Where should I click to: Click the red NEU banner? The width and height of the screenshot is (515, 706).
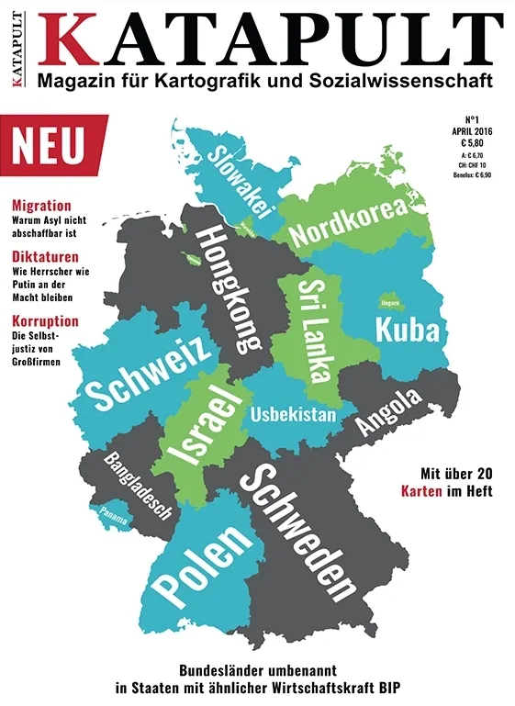[51, 146]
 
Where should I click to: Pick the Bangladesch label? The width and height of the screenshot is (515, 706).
[138, 486]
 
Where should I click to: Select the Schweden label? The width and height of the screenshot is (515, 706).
[297, 532]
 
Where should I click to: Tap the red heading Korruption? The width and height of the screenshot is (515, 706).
[44, 321]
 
